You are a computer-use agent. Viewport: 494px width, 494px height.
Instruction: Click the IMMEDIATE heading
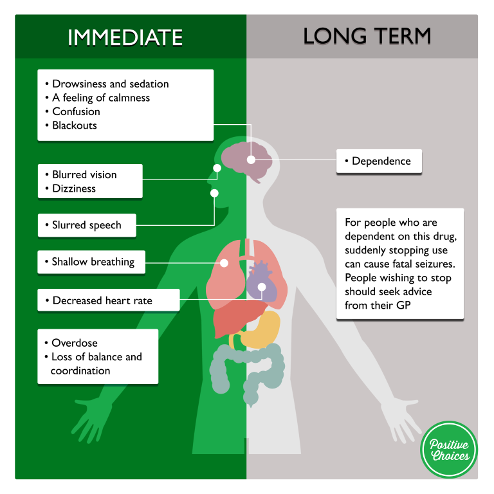click(x=125, y=37)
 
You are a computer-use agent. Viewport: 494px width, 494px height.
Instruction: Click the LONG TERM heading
click(x=367, y=36)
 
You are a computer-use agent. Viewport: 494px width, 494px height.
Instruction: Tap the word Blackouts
click(x=75, y=125)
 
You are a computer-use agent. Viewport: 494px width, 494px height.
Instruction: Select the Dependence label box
click(x=379, y=161)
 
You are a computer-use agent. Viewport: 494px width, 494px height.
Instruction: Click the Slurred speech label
click(x=87, y=225)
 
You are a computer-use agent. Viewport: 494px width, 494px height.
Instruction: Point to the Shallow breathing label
click(x=91, y=262)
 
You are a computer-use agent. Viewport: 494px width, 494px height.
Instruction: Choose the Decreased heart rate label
click(x=109, y=300)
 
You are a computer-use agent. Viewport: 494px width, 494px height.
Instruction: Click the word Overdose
click(x=75, y=343)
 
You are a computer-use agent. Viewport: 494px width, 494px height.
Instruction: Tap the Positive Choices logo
click(x=449, y=450)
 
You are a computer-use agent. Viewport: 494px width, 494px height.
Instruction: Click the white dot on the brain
click(x=251, y=160)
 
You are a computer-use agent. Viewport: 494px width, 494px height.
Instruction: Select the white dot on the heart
click(x=262, y=287)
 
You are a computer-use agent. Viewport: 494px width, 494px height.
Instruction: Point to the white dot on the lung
click(x=224, y=263)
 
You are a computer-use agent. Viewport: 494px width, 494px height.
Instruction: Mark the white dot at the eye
click(x=217, y=168)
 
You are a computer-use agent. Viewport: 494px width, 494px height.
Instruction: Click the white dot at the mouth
click(x=214, y=193)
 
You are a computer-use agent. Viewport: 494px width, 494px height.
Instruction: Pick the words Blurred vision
click(x=84, y=174)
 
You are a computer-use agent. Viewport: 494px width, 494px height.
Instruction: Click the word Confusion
click(x=77, y=111)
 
